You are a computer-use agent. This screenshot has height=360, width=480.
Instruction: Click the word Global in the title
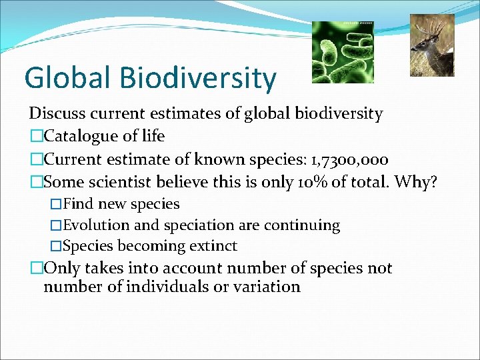coord(65,77)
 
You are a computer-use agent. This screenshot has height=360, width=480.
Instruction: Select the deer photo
coord(431,45)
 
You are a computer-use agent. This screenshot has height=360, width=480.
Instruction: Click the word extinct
coord(213,246)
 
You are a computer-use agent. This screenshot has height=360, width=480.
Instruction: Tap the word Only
coord(61,268)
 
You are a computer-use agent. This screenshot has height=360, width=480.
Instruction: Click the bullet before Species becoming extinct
coord(56,246)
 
